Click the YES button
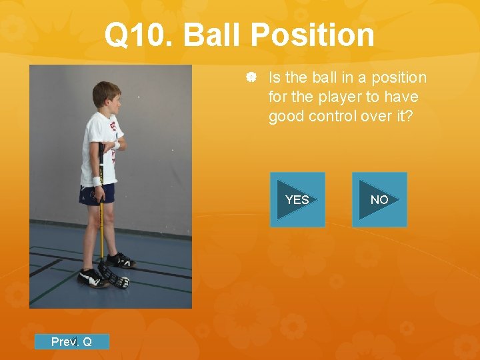pos(297,199)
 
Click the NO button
pos(379,199)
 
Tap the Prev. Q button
pos(71,342)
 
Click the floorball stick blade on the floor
pos(115,276)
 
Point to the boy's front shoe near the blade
pos(91,277)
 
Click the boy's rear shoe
pos(120,259)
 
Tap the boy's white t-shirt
pos(98,147)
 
